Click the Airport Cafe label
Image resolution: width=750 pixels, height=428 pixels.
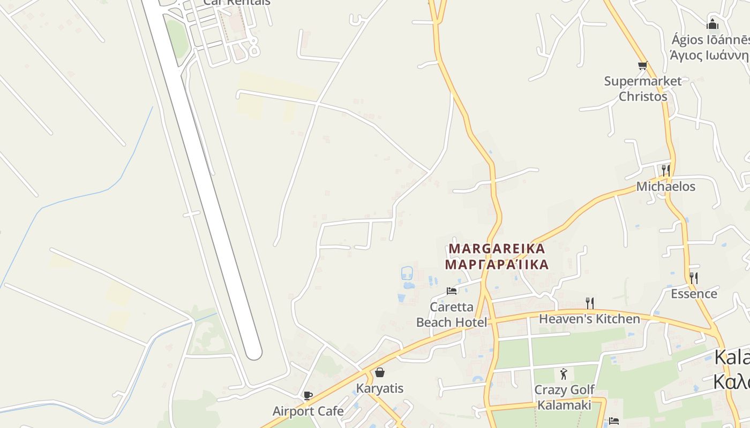(x=308, y=411)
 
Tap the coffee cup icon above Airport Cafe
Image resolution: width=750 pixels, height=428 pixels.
(x=308, y=396)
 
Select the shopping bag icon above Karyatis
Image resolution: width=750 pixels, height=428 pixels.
(x=380, y=372)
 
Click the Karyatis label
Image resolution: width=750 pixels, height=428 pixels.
(x=380, y=388)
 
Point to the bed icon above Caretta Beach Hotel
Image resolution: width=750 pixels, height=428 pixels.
(x=452, y=291)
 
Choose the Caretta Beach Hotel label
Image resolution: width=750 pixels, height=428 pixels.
(x=452, y=315)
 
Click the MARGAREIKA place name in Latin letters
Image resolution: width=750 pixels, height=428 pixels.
(x=497, y=249)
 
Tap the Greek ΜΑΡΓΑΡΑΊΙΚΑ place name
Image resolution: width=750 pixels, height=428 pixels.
(x=497, y=265)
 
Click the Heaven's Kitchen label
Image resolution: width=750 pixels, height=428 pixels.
(x=589, y=319)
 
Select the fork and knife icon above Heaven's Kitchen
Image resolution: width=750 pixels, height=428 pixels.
(x=589, y=303)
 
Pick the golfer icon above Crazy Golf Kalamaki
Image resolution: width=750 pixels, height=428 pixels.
(x=563, y=374)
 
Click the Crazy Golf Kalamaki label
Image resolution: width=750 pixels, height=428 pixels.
(x=564, y=398)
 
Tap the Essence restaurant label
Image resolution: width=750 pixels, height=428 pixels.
(x=694, y=294)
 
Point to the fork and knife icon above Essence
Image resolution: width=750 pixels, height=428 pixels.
(x=693, y=278)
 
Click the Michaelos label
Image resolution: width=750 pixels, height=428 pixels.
(x=665, y=187)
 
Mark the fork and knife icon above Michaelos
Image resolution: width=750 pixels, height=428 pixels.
(x=665, y=171)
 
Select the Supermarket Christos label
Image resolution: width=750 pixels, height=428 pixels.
(x=643, y=89)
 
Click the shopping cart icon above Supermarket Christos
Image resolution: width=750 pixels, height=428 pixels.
(x=642, y=65)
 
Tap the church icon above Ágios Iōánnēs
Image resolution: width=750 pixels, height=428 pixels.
(x=712, y=24)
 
